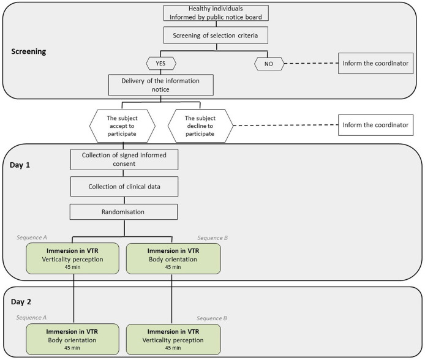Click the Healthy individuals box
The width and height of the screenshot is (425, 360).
[216, 13]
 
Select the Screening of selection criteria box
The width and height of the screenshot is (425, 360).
[216, 36]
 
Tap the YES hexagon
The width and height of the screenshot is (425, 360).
[161, 64]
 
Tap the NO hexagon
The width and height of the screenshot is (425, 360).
[269, 64]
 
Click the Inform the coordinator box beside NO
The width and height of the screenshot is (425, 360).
[375, 64]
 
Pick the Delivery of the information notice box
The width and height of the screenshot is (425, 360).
[161, 85]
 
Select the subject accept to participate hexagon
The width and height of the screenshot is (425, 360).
[122, 126]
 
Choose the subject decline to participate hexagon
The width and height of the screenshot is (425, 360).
[200, 126]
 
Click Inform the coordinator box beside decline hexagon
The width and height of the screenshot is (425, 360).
[375, 125]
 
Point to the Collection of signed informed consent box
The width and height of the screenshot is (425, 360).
[124, 160]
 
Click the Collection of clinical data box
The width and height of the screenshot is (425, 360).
[124, 187]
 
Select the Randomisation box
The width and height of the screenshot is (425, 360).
[124, 212]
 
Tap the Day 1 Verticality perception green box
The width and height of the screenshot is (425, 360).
[73, 258]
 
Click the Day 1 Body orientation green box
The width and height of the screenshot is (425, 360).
[173, 258]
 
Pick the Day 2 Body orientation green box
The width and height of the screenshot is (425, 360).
[73, 339]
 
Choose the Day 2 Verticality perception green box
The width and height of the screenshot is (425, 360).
[173, 339]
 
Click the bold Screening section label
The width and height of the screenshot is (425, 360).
[29, 51]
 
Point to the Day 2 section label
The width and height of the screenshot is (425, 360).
[21, 302]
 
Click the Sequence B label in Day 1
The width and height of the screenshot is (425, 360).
[212, 238]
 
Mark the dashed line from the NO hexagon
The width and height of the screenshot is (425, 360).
[312, 64]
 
